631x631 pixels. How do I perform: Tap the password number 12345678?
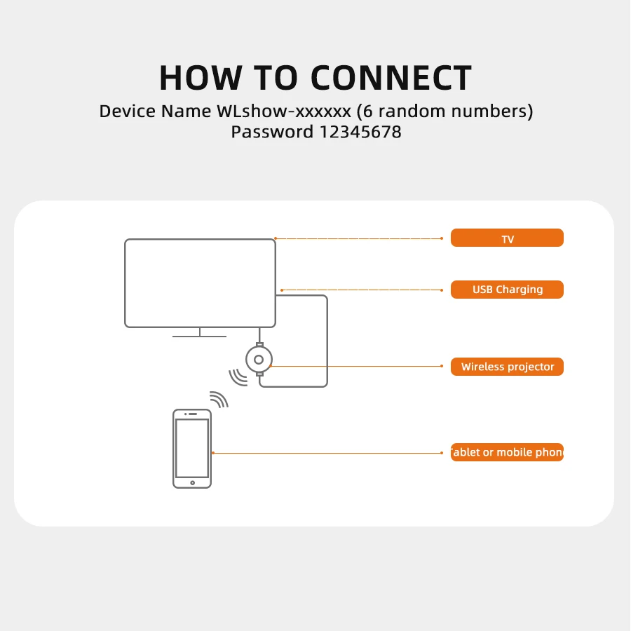point(360,132)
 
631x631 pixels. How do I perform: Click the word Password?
point(272,132)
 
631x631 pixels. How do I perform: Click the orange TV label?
point(507,238)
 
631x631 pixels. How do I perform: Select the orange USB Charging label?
point(507,290)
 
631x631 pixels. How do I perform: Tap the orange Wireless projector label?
point(507,367)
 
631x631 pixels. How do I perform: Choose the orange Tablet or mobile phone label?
point(507,452)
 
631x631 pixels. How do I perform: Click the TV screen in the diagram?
point(200,283)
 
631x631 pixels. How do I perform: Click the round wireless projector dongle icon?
point(259,360)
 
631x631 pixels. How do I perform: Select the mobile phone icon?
point(192,448)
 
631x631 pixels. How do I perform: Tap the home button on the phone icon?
point(192,482)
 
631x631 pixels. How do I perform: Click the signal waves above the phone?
point(220,399)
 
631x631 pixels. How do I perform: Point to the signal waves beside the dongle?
point(238,377)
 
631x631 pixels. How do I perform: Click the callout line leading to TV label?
point(358,238)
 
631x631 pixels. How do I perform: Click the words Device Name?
point(155,111)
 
